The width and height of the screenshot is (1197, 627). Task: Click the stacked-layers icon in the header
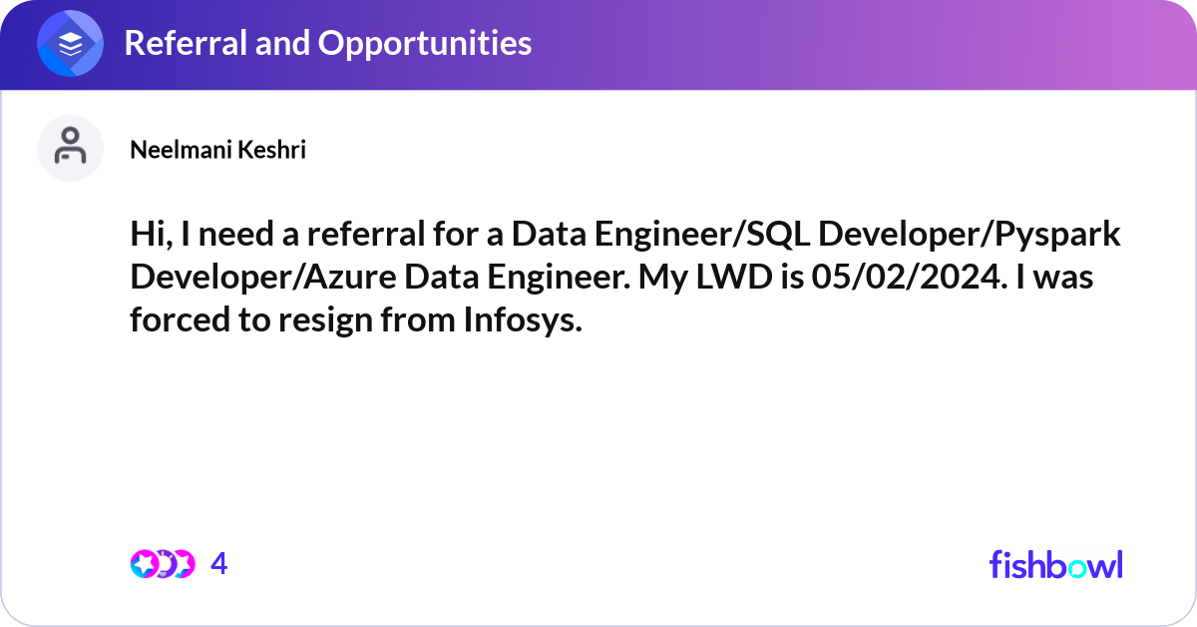70,43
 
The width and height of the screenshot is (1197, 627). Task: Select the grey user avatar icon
70,148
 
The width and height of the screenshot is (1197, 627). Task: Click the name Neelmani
174,150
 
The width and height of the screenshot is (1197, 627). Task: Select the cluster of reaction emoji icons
162,564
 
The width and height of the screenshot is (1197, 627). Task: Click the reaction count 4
219,564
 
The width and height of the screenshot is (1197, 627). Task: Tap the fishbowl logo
1055,564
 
